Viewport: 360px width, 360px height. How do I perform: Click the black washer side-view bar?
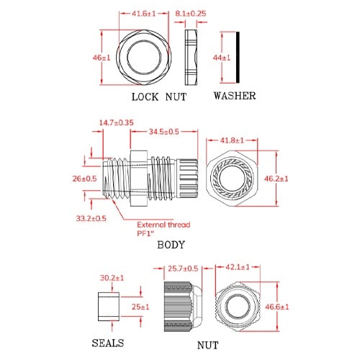(x=238, y=56)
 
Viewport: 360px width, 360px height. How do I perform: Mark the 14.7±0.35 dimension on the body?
(x=117, y=123)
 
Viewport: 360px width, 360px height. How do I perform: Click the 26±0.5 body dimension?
(x=86, y=179)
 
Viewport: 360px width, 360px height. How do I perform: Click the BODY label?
(x=171, y=245)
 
